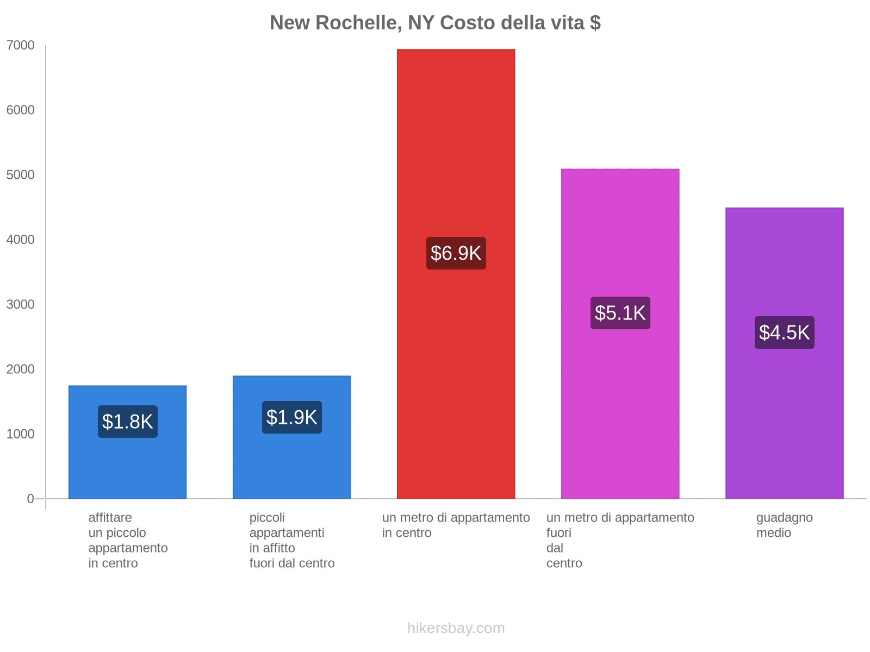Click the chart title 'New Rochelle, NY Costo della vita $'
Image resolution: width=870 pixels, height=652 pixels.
435,23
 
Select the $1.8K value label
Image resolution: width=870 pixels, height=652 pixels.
128,422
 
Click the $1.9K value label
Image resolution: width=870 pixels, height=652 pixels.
292,417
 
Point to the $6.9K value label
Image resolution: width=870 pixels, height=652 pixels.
456,253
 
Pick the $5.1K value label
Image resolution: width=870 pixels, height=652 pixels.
620,313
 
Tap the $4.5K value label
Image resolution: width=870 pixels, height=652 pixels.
784,333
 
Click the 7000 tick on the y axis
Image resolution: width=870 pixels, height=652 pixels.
21,46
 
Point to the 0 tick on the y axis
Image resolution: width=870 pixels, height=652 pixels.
30,499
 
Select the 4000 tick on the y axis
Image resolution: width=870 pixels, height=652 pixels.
21,240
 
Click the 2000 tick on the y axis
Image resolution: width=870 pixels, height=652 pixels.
21,369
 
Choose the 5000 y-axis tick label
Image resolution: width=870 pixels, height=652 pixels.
21,175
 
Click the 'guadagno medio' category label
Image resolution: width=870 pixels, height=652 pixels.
784,525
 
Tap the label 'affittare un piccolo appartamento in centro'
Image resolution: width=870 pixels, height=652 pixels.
128,540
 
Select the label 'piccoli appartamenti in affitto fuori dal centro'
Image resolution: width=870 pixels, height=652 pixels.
292,540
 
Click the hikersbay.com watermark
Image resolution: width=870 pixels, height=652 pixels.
456,628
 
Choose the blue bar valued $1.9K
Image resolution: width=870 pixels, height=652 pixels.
292,462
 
